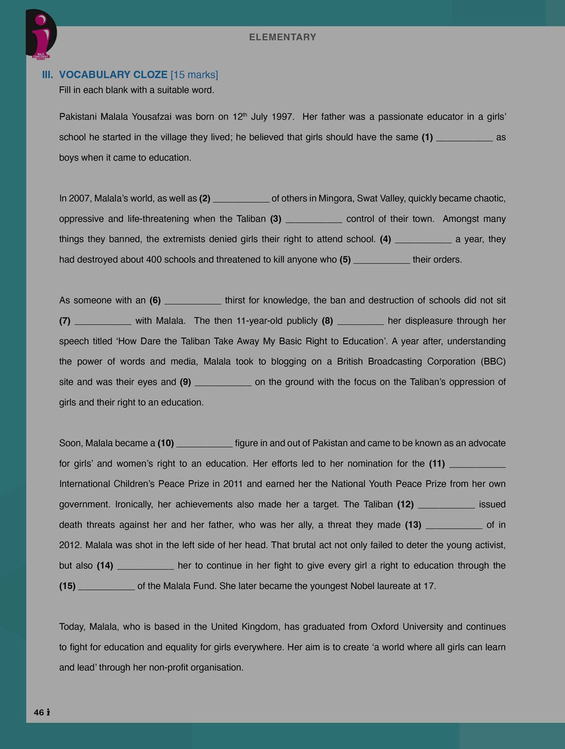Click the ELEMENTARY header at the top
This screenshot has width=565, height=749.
point(282,37)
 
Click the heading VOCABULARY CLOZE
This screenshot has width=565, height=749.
point(113,75)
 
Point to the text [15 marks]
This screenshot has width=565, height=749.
point(194,75)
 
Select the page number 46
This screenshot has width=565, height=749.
point(39,712)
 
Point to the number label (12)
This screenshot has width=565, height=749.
point(405,505)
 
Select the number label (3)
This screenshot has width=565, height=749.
point(275,219)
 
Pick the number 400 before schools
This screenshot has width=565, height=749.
point(154,260)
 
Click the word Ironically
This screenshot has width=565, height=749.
point(134,505)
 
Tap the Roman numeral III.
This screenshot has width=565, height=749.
point(48,75)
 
